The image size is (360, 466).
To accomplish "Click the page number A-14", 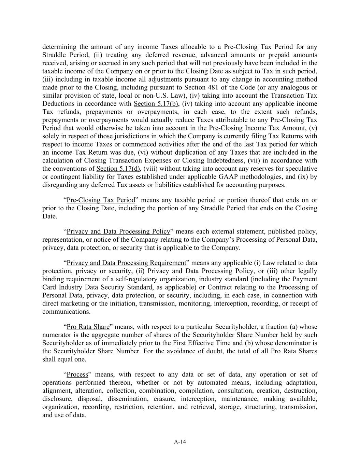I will (x=180, y=442).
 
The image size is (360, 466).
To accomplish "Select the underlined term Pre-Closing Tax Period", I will (x=101, y=200).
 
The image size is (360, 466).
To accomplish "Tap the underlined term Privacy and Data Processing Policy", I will (x=118, y=231).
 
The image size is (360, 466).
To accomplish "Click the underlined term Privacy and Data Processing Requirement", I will (x=126, y=263).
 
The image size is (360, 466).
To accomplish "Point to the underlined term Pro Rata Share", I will (x=88, y=327).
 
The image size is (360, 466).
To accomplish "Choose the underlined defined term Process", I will (x=77, y=375).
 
